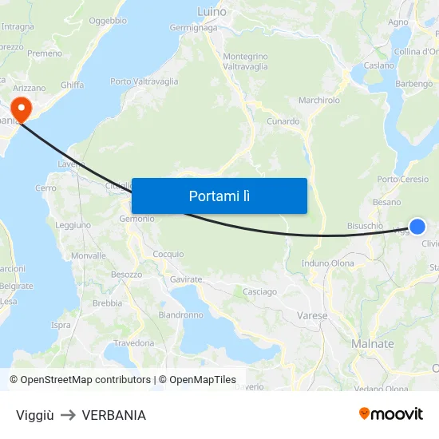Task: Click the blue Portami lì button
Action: [x=219, y=196]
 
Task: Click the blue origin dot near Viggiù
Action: [x=417, y=226]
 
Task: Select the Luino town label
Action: [x=212, y=12]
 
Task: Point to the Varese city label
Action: [x=312, y=315]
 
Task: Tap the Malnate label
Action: [x=373, y=344]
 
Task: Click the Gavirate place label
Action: [x=186, y=279]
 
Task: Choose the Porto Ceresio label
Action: [x=403, y=179]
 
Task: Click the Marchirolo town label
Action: [x=319, y=101]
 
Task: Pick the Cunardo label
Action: [x=283, y=121]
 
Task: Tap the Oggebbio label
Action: [x=108, y=22]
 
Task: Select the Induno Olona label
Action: [x=328, y=263]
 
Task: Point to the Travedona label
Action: [x=134, y=343]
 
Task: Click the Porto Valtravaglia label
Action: [x=144, y=81]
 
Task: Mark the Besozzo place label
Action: [x=126, y=274]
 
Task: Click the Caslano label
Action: [x=379, y=65]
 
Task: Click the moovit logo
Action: [x=391, y=414]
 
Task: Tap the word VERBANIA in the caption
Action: [x=113, y=415]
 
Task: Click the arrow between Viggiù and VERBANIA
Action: [x=68, y=415]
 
